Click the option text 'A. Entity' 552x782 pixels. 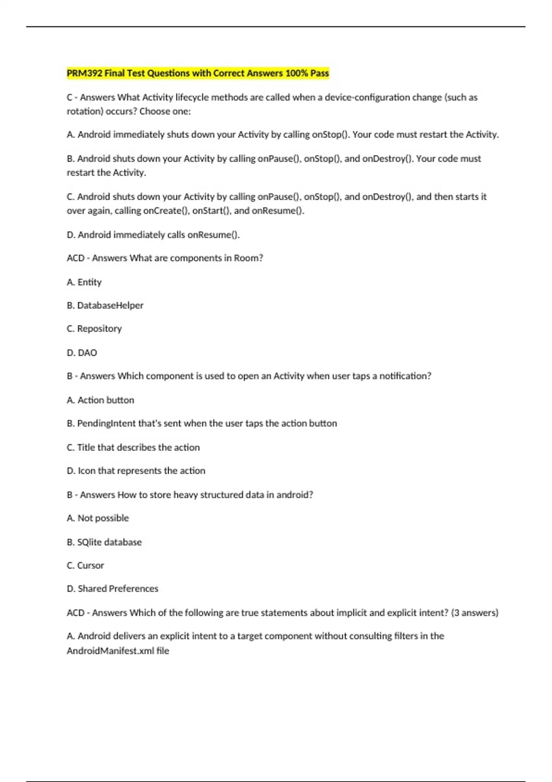point(84,282)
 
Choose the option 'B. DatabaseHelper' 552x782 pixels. point(105,305)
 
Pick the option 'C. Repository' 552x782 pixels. point(94,329)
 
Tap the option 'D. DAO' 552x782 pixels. point(82,353)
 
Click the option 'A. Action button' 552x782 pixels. point(100,400)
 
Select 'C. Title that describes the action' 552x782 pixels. point(133,447)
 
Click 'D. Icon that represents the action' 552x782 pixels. point(136,471)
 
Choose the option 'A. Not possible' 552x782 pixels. point(98,518)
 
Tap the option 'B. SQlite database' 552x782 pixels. point(104,542)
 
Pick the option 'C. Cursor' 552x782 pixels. point(85,565)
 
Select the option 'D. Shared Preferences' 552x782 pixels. point(112,589)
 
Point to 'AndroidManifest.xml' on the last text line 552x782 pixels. point(110,651)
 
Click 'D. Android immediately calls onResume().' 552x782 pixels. point(153,235)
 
